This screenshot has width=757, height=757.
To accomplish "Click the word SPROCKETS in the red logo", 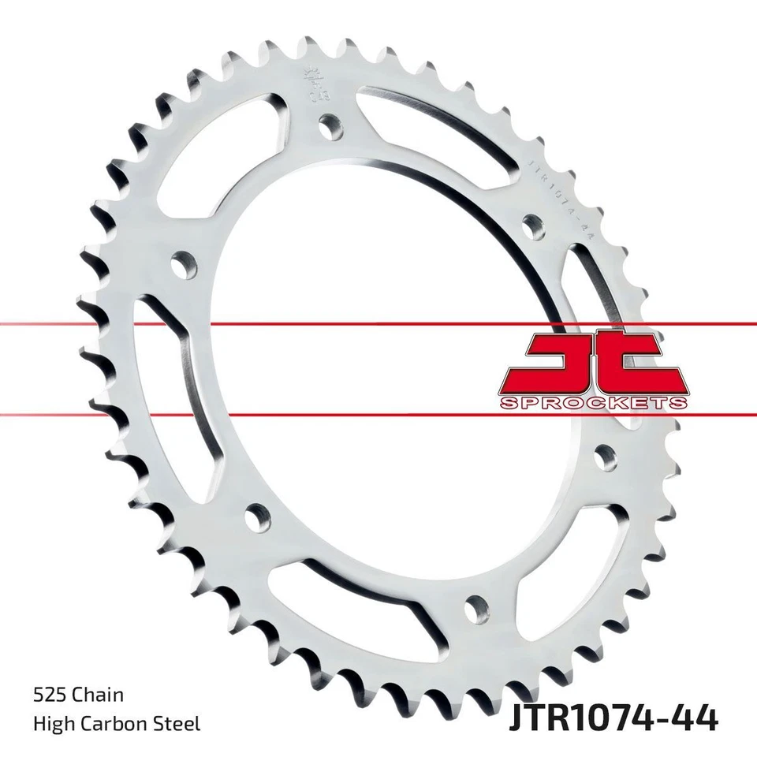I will coord(593,403).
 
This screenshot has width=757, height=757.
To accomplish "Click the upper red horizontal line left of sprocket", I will coord(39,323).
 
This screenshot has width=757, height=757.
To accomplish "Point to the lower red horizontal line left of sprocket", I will coord(39,412).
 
